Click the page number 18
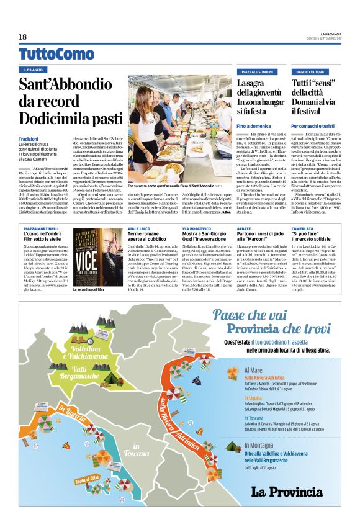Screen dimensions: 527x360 [22, 37]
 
